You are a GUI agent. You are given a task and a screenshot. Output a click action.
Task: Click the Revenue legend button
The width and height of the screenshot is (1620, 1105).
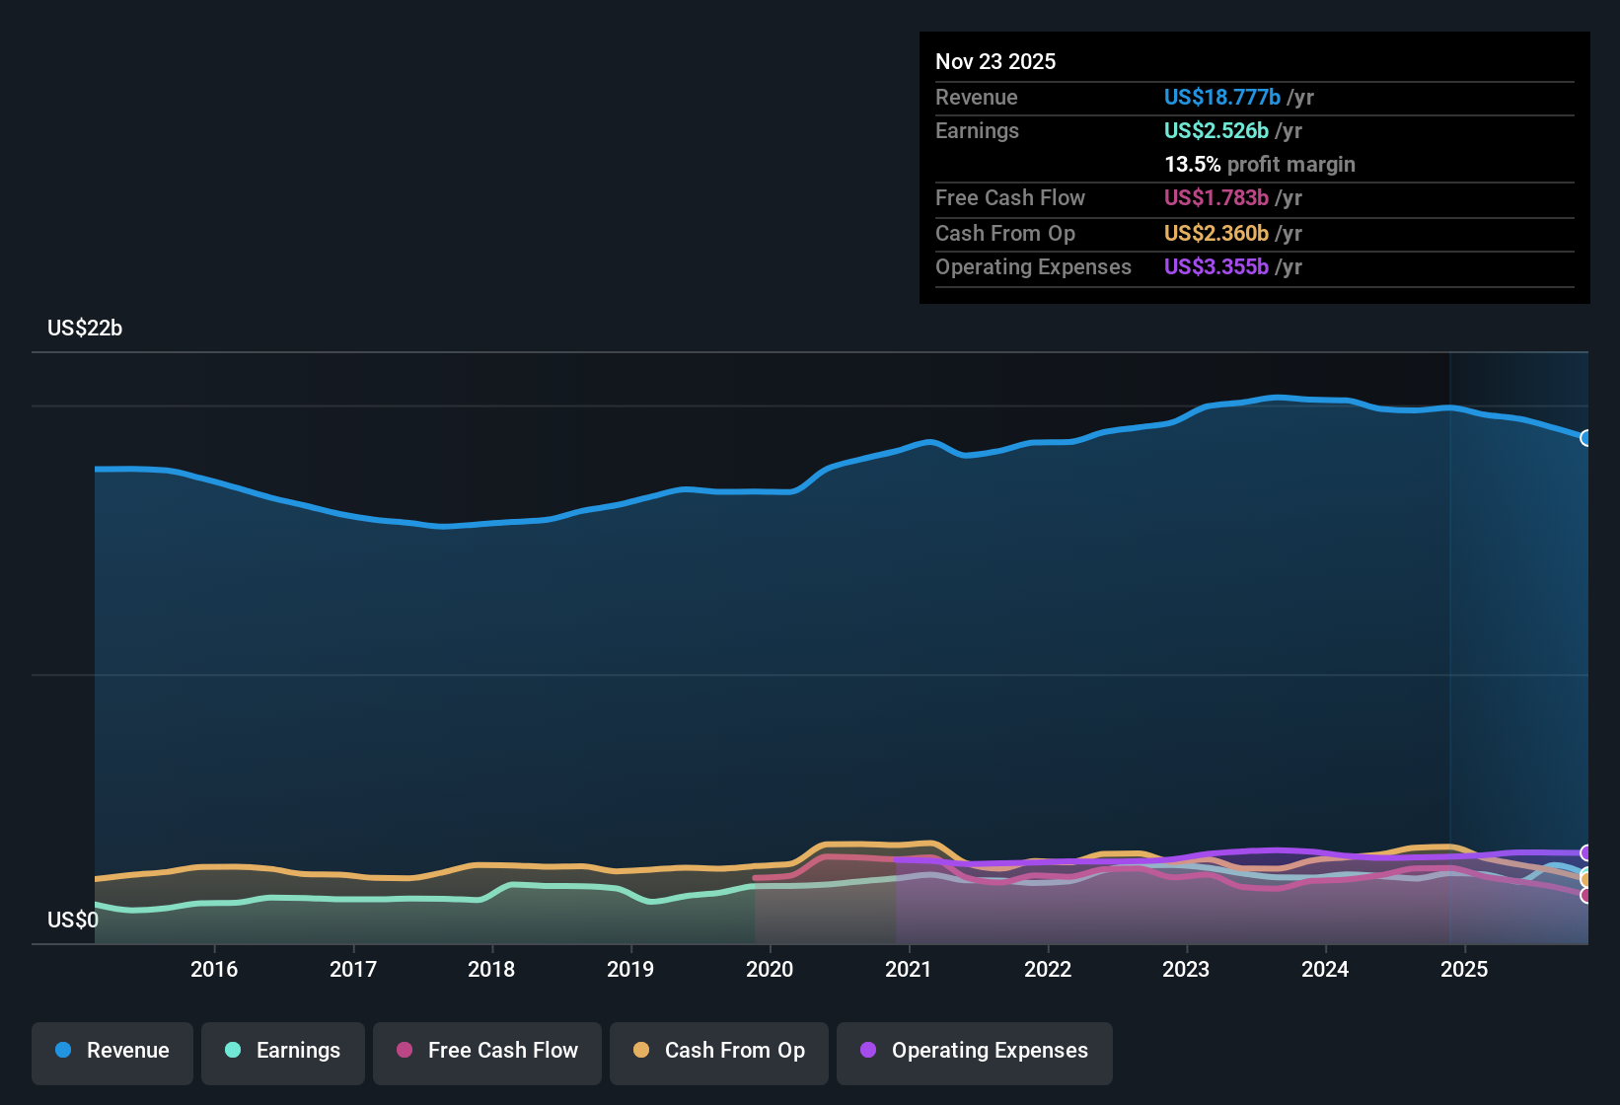click(112, 1051)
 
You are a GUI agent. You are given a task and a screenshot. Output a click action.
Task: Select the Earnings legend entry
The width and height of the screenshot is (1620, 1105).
click(283, 1051)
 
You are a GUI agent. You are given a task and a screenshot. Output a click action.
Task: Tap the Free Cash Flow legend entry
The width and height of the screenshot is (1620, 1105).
click(487, 1051)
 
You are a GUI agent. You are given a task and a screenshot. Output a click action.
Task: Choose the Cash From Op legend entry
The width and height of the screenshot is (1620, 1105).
click(719, 1051)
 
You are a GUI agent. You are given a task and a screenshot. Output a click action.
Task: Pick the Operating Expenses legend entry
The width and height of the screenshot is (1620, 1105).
click(975, 1051)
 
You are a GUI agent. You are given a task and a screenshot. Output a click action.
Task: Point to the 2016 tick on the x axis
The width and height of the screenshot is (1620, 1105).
click(214, 969)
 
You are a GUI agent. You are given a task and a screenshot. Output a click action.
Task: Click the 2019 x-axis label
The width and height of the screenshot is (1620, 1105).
click(630, 969)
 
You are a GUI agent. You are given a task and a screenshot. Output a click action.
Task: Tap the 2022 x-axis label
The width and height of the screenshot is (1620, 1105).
click(1048, 969)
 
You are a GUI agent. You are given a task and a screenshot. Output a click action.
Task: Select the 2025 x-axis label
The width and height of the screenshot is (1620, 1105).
click(1464, 969)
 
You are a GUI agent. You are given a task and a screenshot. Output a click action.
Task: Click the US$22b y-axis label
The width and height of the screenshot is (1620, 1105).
click(85, 329)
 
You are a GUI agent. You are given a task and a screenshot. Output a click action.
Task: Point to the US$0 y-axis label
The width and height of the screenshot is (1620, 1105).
click(73, 921)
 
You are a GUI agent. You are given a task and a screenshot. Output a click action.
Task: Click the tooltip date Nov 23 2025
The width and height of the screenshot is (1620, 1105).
click(995, 62)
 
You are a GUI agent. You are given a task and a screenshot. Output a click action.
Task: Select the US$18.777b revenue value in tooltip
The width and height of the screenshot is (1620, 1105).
click(1222, 98)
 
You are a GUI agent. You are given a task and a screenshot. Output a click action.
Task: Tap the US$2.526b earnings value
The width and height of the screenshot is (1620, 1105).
click(1216, 131)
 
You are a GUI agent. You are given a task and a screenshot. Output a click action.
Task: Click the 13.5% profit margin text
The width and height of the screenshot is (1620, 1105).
click(1260, 165)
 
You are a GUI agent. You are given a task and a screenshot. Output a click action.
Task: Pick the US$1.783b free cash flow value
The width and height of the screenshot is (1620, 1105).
click(1216, 198)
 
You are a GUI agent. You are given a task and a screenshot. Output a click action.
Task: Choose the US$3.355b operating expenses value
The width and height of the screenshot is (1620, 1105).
click(1216, 267)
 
